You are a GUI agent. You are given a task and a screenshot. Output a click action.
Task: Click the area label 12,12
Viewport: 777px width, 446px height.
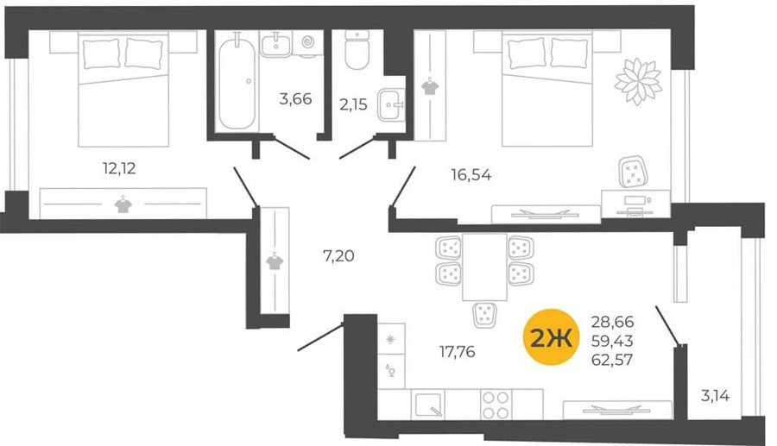(x=119, y=168)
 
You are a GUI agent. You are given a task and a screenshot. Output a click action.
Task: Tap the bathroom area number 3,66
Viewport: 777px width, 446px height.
(x=295, y=99)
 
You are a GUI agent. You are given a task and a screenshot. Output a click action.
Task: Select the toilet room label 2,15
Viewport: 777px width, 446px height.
(x=353, y=104)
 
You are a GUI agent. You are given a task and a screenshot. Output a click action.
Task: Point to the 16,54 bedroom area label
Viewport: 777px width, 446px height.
(x=471, y=175)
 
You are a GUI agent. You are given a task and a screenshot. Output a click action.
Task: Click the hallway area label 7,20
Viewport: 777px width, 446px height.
(x=338, y=256)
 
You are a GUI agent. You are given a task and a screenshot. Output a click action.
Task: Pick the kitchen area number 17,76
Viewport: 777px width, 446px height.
(x=457, y=351)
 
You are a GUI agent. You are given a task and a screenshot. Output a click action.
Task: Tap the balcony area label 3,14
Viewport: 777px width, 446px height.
(x=715, y=396)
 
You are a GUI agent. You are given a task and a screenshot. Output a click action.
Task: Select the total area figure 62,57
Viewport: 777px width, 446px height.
(x=612, y=360)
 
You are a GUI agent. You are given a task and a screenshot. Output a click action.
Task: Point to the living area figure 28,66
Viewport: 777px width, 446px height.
(x=612, y=322)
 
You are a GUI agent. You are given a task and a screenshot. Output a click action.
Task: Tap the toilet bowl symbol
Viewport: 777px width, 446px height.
(x=357, y=50)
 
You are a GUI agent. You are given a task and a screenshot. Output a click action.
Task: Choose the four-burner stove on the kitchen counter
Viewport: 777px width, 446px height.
(x=496, y=405)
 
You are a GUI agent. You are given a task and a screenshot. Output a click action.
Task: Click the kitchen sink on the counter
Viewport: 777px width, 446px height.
(x=427, y=405)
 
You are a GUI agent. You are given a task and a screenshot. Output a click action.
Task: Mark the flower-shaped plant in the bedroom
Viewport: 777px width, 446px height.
(x=638, y=81)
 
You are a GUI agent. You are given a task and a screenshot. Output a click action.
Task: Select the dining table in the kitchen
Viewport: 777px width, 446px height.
(x=484, y=267)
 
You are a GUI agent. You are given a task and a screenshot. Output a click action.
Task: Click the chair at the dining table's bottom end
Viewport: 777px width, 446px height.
(x=484, y=315)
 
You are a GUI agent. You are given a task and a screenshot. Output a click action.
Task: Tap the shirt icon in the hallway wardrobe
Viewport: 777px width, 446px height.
(x=275, y=261)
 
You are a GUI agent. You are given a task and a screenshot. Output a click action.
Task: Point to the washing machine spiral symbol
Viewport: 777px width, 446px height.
(x=307, y=43)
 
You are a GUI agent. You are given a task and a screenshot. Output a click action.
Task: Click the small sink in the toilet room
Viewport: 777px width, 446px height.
(x=391, y=105)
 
